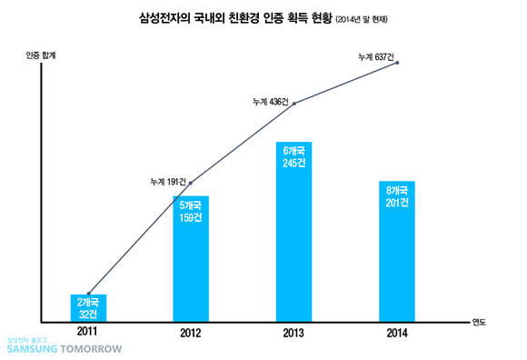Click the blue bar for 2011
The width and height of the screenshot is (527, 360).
pos(88,307)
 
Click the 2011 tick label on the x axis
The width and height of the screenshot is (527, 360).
pos(88,332)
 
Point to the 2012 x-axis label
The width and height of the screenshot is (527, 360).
pos(191,332)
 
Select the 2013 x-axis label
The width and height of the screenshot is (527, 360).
pos(293,332)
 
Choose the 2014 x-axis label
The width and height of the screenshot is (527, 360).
pos(396,332)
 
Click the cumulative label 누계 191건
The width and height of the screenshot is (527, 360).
pos(167,182)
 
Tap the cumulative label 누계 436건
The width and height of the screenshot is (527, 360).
pos(270,101)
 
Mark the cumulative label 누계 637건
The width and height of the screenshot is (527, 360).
pos(375,57)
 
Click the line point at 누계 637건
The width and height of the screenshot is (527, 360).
pos(397,62)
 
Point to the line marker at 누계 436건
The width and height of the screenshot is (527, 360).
pos(293,105)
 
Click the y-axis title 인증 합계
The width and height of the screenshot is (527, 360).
pos(41,55)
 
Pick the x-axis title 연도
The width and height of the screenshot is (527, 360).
pos(479,322)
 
